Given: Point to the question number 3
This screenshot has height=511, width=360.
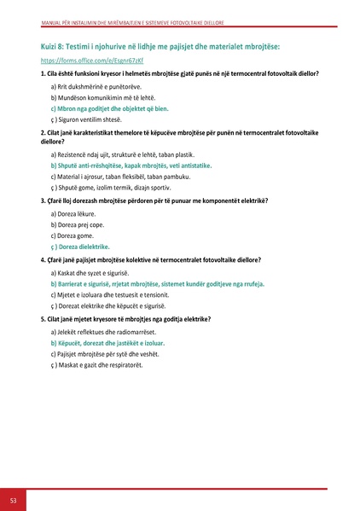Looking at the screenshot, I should click(42, 200).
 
